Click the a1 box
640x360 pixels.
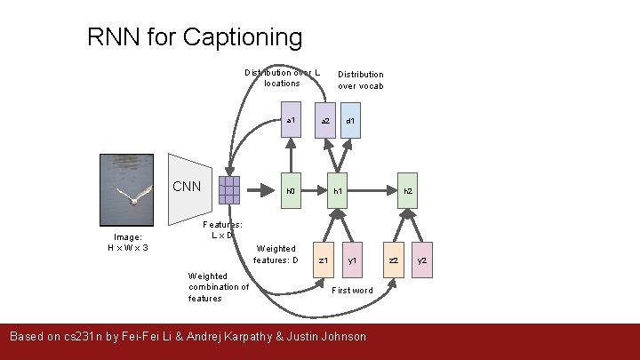(290, 120)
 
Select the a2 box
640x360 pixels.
(325, 120)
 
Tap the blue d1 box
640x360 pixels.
(351, 120)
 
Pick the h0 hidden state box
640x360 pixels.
(290, 190)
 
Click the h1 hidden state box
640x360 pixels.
(338, 190)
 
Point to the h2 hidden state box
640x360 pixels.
(408, 190)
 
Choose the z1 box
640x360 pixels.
(324, 260)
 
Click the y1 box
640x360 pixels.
(352, 260)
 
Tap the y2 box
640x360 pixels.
(423, 260)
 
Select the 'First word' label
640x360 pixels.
(352, 291)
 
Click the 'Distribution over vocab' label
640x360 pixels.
(360, 80)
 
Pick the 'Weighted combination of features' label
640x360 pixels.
(219, 287)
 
